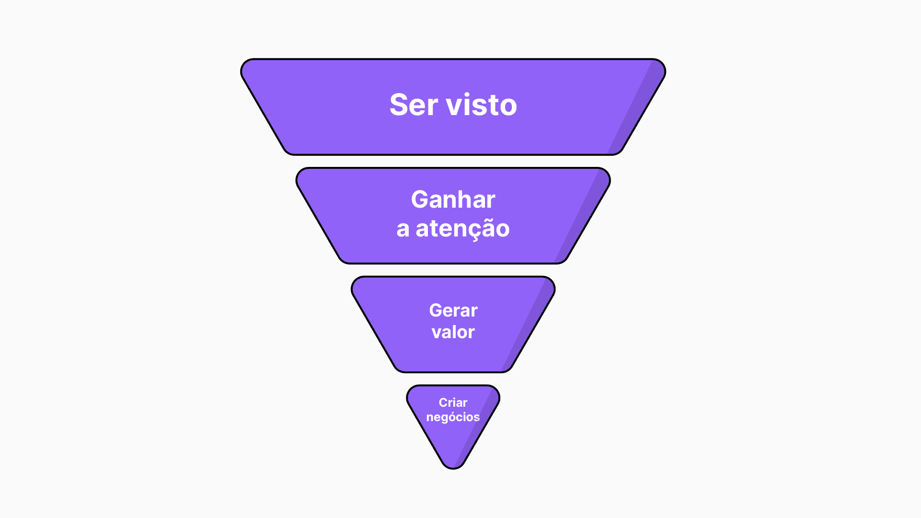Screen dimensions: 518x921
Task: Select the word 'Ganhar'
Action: tap(453, 200)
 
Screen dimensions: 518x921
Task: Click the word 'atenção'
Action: tap(462, 229)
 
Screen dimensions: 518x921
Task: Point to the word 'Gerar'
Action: tap(453, 310)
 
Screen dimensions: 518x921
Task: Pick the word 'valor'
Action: tap(453, 332)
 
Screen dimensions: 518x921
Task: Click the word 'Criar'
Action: tap(453, 402)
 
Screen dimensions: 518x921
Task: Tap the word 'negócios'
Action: tap(453, 417)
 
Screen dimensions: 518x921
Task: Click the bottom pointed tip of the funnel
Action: tap(453, 467)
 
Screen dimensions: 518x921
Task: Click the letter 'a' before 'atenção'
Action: tap(402, 229)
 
